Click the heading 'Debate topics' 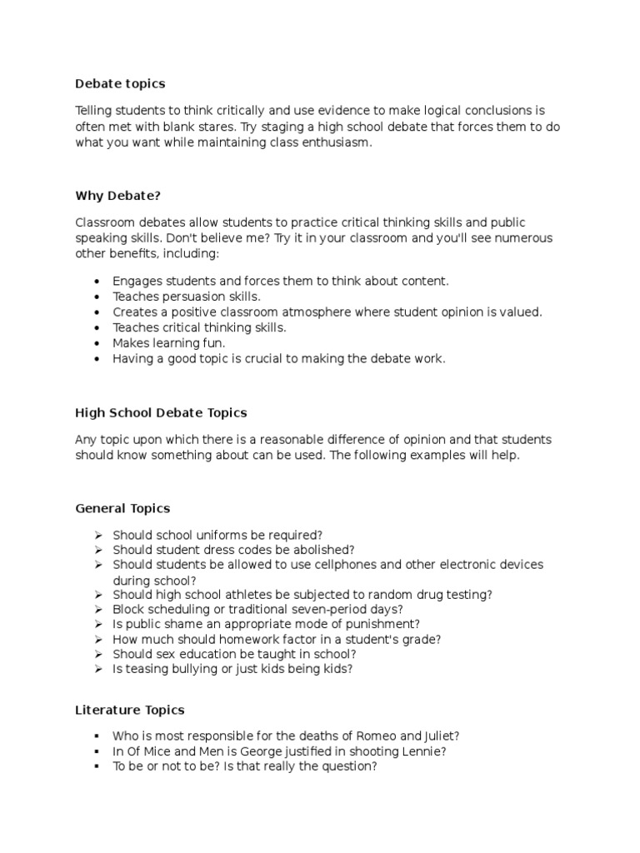click(120, 83)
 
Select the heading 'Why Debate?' click(117, 195)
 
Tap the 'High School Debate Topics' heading click(161, 412)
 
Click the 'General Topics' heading click(122, 508)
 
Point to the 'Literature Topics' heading click(130, 710)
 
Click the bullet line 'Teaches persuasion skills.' click(187, 297)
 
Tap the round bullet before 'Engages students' click(97, 282)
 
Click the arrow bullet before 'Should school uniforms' click(97, 535)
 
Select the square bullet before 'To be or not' click(97, 766)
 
